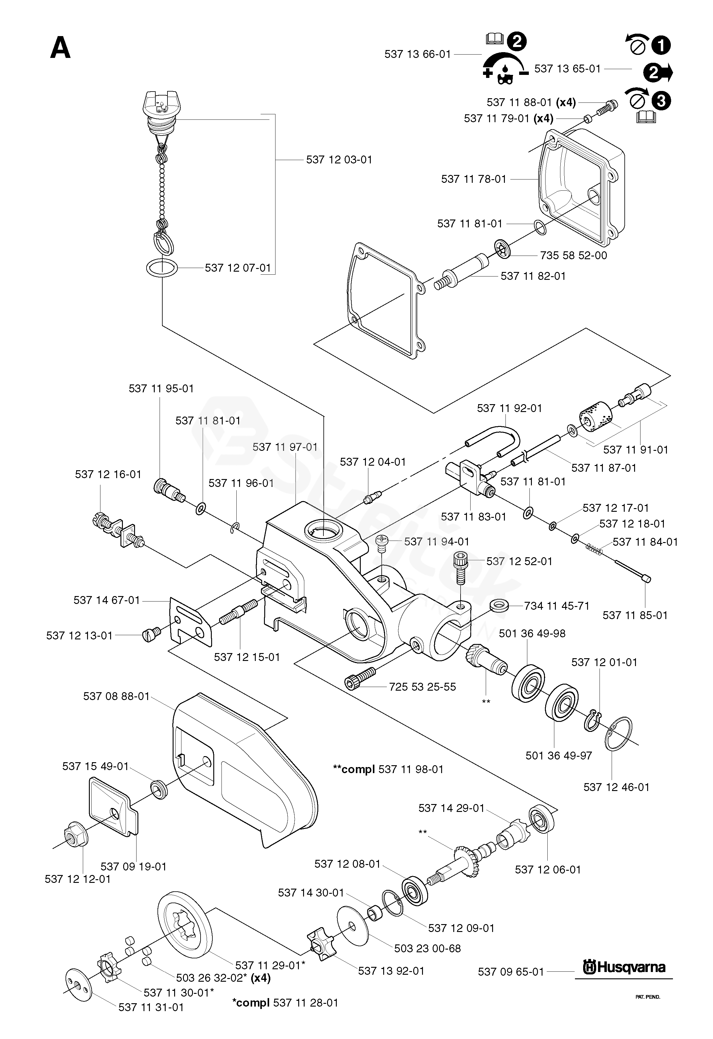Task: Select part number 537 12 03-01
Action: (339, 159)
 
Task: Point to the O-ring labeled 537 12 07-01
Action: (161, 268)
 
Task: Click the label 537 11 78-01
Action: (474, 179)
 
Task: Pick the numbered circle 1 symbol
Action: (661, 45)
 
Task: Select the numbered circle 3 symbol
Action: (661, 101)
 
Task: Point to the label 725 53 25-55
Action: (422, 687)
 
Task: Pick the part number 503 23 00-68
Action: (427, 948)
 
